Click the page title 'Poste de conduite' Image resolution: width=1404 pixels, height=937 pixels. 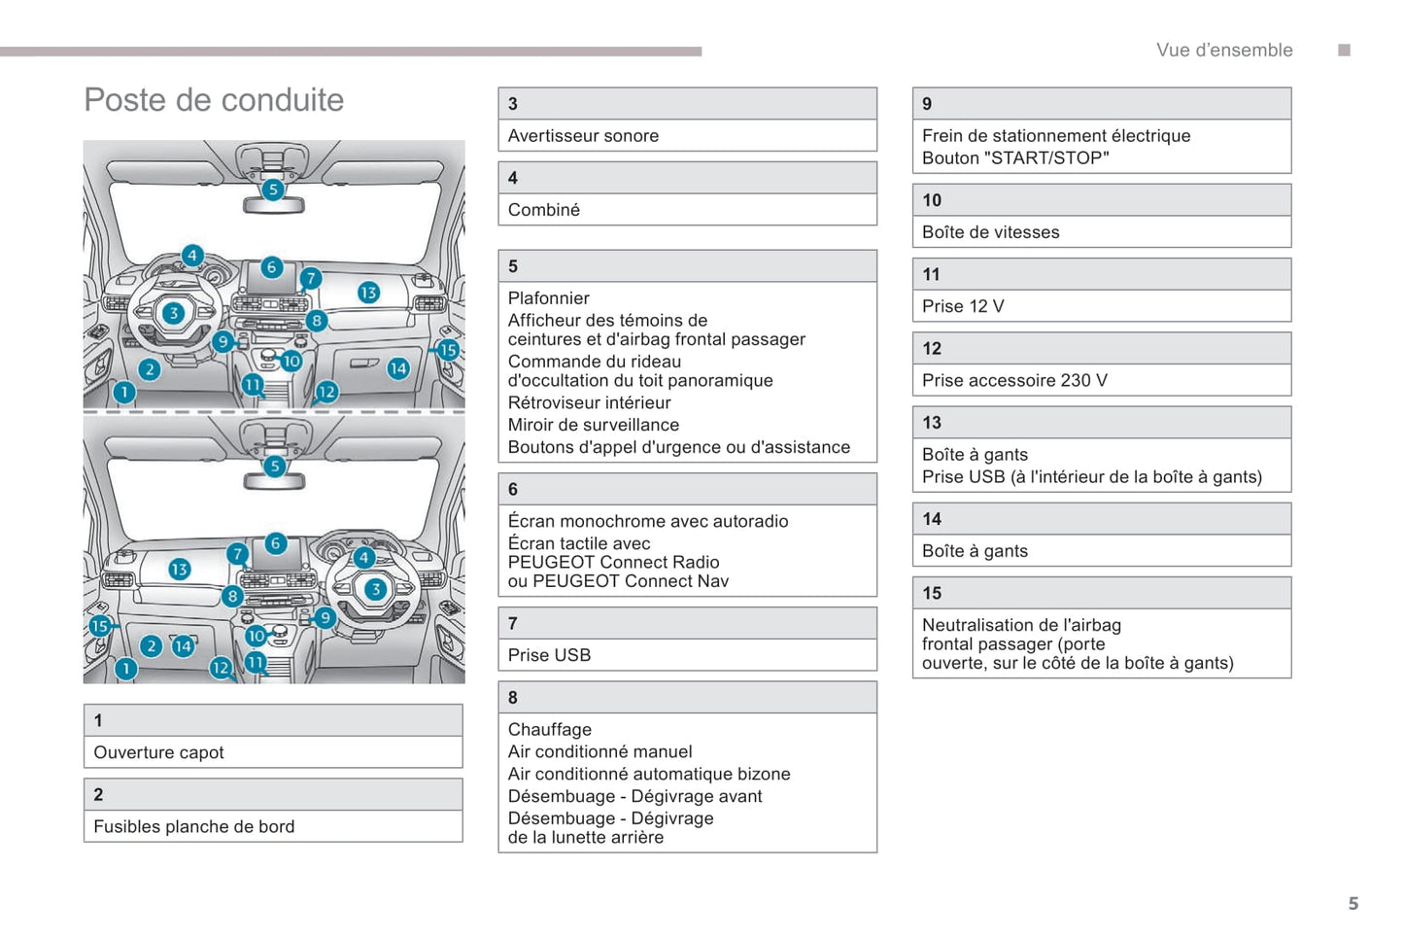[x=214, y=100]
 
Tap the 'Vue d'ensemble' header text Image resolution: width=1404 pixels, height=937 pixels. [x=1223, y=51]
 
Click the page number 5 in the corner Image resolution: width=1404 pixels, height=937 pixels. [x=1353, y=903]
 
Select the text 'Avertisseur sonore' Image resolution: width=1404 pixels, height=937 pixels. [x=583, y=136]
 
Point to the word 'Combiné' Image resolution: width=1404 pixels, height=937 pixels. [x=543, y=210]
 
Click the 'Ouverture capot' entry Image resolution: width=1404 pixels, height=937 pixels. [x=158, y=752]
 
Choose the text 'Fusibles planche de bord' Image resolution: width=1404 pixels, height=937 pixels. [x=193, y=826]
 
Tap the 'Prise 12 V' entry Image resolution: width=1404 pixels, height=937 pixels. [x=962, y=306]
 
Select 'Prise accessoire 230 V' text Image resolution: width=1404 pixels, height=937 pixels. [x=1013, y=380]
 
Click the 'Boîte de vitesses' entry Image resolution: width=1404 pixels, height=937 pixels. [x=990, y=232]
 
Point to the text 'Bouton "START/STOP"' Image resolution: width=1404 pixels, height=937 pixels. [x=1014, y=158]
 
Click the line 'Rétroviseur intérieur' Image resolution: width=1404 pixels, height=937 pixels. [x=589, y=402]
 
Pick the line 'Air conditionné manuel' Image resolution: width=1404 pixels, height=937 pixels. [x=599, y=751]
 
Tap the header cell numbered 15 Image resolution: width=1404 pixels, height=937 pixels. [x=1101, y=593]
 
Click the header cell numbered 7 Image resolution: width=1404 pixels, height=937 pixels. [x=687, y=623]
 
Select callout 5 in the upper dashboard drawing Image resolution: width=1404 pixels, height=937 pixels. [x=273, y=190]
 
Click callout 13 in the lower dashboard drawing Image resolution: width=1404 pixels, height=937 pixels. [x=180, y=570]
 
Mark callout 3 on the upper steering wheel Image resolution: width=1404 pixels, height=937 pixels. [x=173, y=313]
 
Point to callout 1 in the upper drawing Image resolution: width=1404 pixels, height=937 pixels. [x=124, y=392]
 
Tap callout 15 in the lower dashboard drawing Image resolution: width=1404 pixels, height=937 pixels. [x=100, y=626]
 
